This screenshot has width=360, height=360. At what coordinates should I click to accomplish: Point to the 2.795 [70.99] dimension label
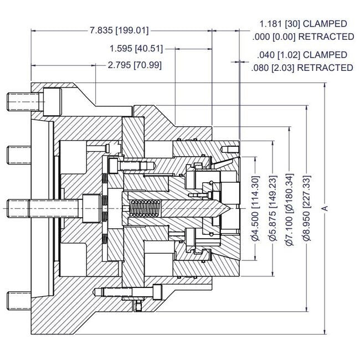[134, 65]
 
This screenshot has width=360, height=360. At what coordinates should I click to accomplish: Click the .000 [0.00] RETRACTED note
[302, 37]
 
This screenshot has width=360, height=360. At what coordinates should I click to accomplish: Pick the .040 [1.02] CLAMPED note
[302, 55]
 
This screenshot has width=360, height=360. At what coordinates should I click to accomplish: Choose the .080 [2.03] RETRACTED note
[301, 68]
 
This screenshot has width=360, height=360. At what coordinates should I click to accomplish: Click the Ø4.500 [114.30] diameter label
[255, 208]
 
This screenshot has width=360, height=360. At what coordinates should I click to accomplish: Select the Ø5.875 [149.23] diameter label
[273, 208]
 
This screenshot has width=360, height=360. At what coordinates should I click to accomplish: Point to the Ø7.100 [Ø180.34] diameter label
[290, 208]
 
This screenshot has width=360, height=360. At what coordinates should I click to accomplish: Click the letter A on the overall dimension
[326, 208]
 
